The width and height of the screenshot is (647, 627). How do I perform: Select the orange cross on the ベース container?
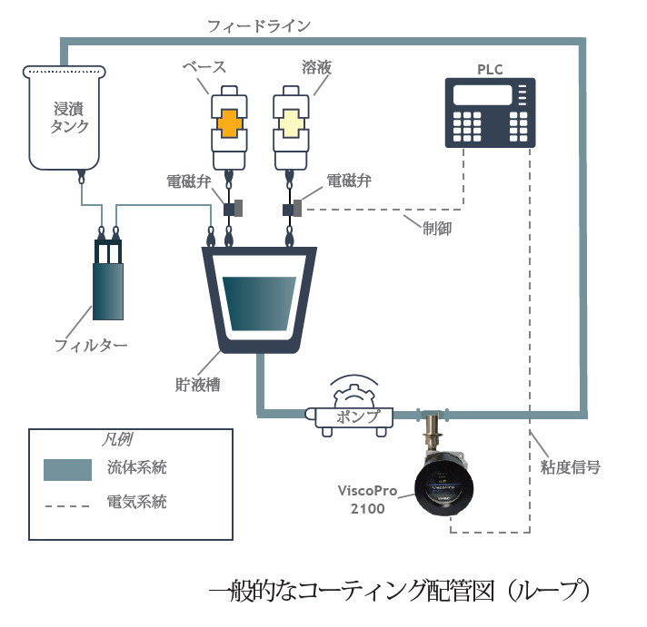(x=229, y=122)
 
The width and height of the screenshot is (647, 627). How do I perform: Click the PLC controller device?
(x=491, y=113)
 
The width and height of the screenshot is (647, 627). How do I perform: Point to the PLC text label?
(x=491, y=69)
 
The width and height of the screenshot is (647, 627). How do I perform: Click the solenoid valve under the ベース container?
(x=231, y=209)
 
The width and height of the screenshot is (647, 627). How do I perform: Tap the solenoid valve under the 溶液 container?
(x=291, y=210)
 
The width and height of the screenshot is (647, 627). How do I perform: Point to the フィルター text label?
(x=91, y=346)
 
